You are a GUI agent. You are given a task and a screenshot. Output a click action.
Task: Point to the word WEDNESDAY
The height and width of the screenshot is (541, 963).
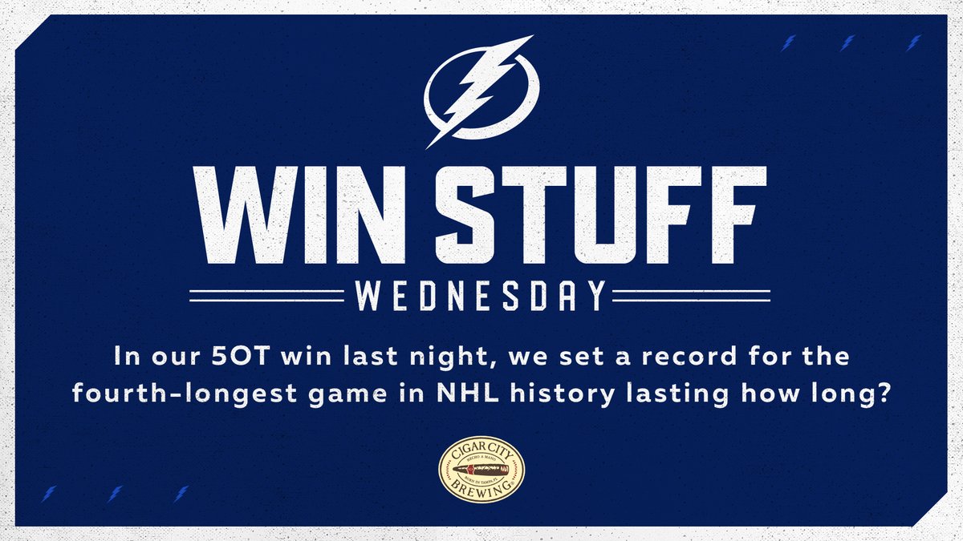pos(481,296)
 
